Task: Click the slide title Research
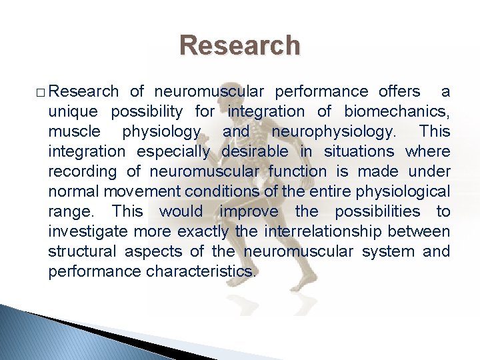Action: pyautogui.click(x=240, y=45)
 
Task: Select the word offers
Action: pyautogui.click(x=399, y=91)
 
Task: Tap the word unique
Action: pyautogui.click(x=73, y=111)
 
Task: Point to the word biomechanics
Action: pyautogui.click(x=397, y=111)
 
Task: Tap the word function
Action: pyautogui.click(x=297, y=171)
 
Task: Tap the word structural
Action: pyautogui.click(x=81, y=251)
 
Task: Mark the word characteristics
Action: pyautogui.click(x=201, y=271)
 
